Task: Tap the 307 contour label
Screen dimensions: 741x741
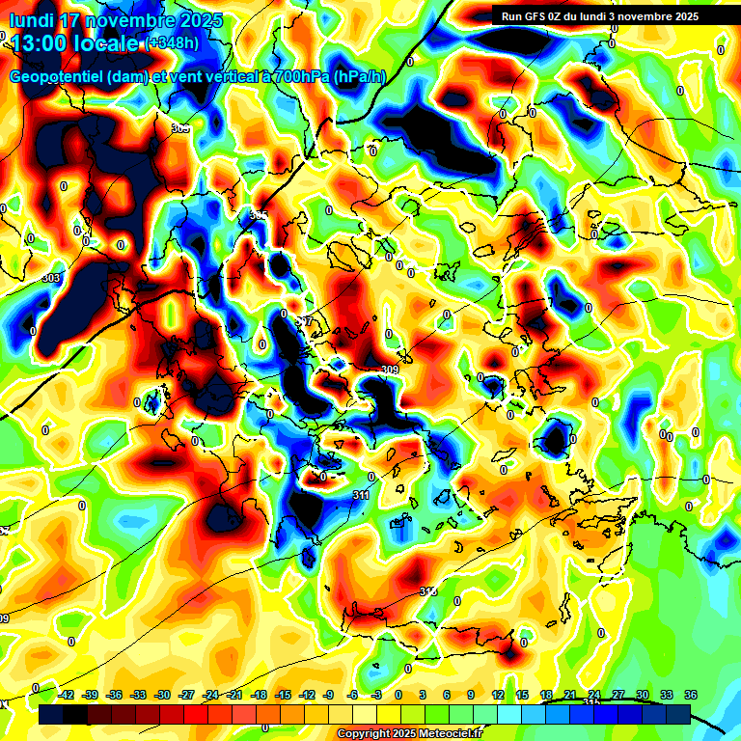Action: [304, 320]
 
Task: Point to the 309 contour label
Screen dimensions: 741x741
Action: [390, 370]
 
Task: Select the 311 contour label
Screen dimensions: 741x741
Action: [361, 495]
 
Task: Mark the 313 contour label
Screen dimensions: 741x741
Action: [427, 590]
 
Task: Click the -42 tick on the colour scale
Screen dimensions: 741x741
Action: [67, 695]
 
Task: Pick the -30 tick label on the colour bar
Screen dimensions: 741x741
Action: [162, 695]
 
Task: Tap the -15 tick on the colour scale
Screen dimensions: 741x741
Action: [282, 695]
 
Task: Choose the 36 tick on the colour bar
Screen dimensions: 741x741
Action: [691, 695]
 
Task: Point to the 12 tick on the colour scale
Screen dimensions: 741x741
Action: [498, 695]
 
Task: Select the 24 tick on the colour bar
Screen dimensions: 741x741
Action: [594, 695]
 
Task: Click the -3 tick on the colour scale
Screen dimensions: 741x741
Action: [377, 695]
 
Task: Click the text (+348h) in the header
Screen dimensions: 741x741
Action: [174, 42]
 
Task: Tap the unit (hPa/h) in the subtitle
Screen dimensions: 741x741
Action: [366, 77]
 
